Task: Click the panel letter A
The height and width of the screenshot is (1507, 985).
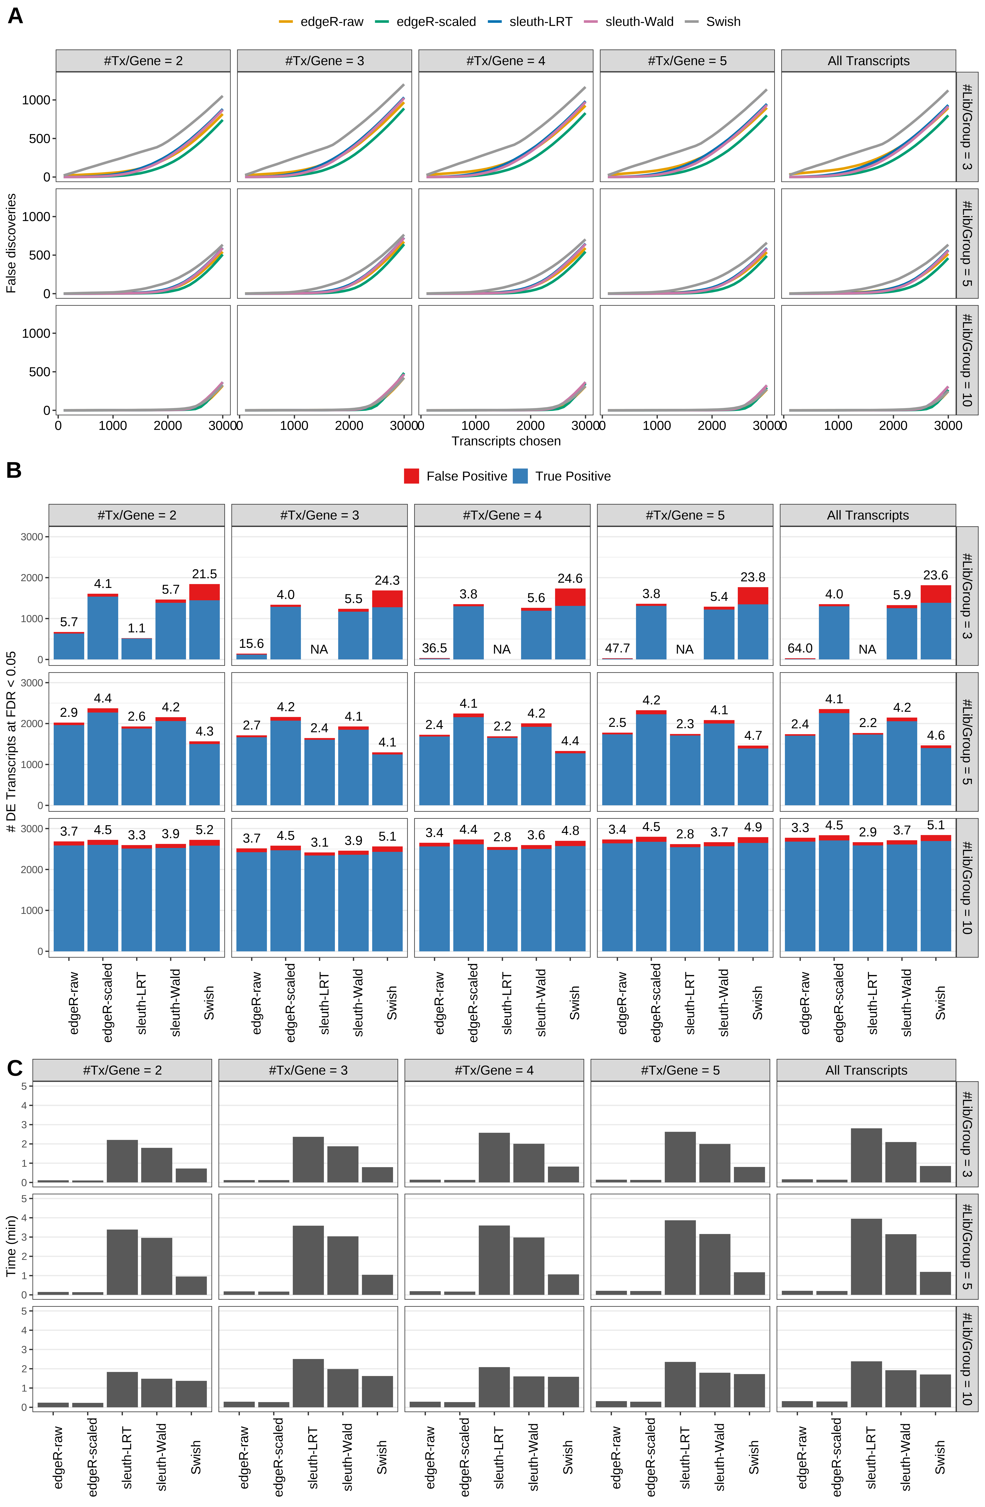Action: [x=15, y=16]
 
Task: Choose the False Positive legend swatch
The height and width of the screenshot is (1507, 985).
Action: [x=411, y=476]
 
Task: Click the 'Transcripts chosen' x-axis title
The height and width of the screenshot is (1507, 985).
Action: [x=506, y=441]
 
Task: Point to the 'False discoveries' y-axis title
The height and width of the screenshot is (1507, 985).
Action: [x=11, y=243]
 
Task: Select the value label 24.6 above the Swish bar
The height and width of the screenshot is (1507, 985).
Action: [x=570, y=579]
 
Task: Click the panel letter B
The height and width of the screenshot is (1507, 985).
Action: [x=14, y=470]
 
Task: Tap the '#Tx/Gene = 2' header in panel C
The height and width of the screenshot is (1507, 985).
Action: [x=122, y=1070]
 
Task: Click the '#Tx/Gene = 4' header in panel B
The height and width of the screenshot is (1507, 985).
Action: [x=502, y=515]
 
